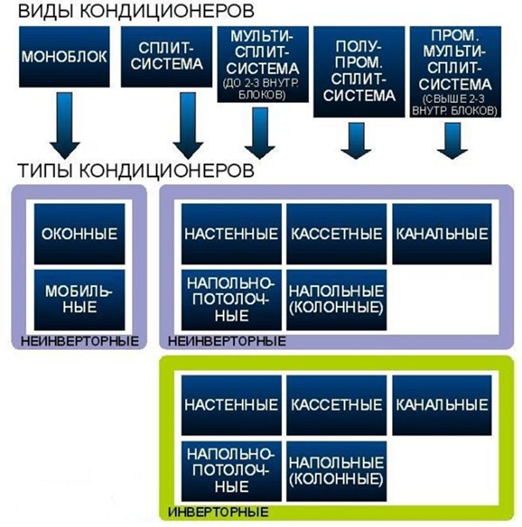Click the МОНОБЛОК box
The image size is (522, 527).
(65, 57)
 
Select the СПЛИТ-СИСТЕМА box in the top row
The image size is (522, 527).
(167, 57)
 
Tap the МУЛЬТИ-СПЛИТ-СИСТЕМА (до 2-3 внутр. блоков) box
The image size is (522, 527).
(263, 65)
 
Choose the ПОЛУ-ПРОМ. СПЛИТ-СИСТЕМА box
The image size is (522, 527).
(359, 72)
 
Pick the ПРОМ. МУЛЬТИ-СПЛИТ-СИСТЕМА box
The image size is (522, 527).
(455, 72)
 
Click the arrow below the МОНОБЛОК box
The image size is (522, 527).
(65, 126)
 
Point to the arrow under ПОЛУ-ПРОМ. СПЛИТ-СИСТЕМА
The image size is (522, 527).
(356, 140)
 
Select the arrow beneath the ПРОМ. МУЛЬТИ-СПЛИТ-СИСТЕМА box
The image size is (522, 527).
(452, 140)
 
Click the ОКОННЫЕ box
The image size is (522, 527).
(79, 234)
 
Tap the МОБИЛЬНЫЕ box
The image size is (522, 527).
(79, 300)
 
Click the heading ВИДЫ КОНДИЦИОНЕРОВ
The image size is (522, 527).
(136, 11)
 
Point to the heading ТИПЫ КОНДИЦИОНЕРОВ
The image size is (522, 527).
(136, 170)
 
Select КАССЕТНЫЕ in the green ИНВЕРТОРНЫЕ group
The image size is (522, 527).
(336, 406)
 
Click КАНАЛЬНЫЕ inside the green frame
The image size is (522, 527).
(442, 406)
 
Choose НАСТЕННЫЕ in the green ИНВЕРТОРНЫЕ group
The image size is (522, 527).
(231, 406)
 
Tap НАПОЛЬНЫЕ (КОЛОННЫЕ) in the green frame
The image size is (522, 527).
(336, 471)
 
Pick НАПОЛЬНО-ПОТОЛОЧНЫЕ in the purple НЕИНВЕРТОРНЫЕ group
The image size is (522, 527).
(231, 300)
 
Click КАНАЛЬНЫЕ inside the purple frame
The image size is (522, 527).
(442, 234)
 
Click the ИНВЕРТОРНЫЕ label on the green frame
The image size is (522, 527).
(218, 512)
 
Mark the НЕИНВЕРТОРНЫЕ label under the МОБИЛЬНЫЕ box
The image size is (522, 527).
(79, 341)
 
